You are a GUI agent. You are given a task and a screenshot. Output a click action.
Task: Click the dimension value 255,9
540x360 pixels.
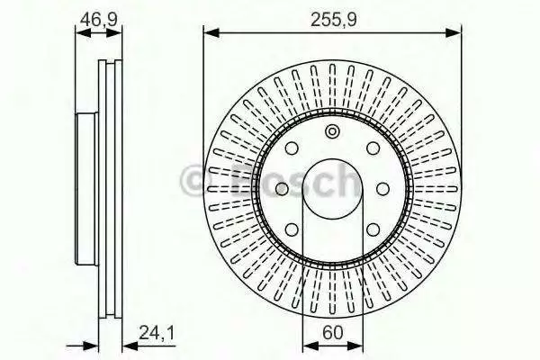pos(333,20)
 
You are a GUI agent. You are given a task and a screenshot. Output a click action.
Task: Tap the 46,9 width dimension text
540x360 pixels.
pos(98,20)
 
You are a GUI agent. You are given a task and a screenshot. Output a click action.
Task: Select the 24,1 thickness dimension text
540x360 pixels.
pos(157,333)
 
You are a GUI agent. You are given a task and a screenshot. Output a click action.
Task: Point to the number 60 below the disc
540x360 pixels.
pos(333,332)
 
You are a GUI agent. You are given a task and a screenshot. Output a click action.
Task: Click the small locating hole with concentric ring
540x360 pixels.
pos(332,131)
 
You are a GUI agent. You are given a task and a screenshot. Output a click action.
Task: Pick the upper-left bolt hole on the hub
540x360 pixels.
pos(292,148)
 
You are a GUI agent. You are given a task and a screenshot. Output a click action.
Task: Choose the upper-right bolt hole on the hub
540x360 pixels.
pos(373,148)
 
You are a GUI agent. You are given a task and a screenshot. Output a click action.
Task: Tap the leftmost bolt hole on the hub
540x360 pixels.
pos(282,189)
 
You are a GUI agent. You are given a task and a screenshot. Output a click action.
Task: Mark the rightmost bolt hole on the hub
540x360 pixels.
pos(382,189)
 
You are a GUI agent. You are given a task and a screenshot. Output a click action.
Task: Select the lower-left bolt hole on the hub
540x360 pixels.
pos(292,229)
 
